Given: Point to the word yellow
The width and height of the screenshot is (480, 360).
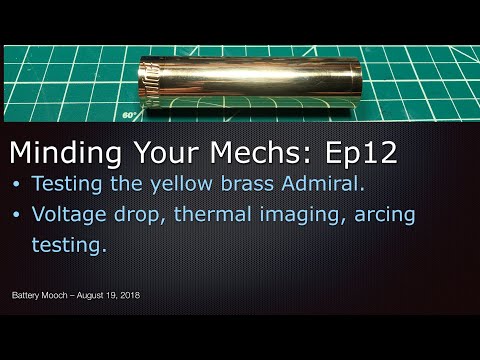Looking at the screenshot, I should (172, 184).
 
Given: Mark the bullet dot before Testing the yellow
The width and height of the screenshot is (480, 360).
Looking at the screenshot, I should (18, 184).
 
